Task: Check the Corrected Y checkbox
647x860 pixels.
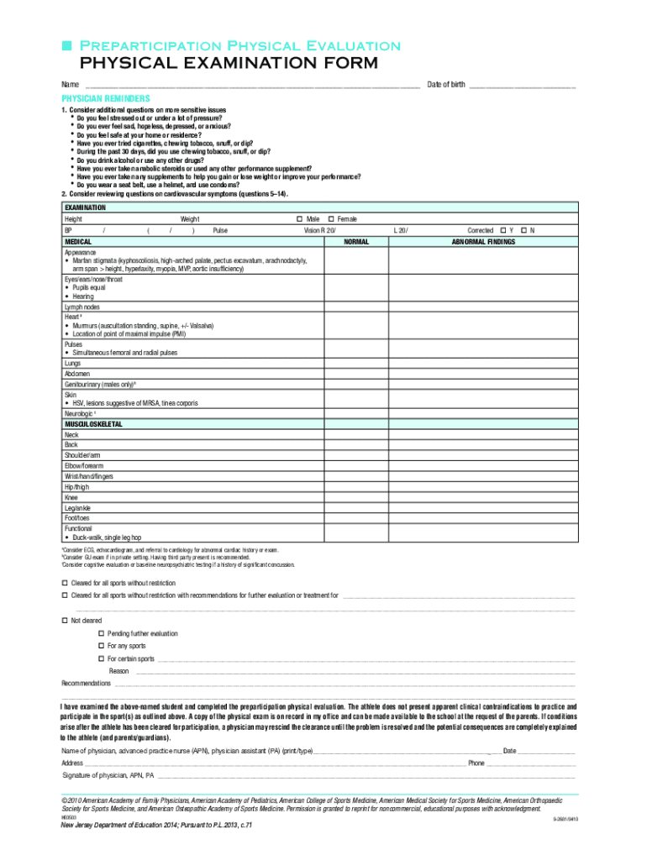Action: pos(502,229)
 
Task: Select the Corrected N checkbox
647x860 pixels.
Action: pos(523,229)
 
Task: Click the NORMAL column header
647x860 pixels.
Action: pos(356,241)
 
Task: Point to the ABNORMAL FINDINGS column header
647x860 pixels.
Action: pos(483,241)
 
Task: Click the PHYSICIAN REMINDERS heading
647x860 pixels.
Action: pos(105,98)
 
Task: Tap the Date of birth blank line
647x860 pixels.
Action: pos(522,86)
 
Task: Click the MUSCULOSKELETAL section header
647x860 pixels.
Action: pos(93,424)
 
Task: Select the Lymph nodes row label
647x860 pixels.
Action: pos(82,307)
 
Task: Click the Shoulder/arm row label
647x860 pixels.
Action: pos(82,454)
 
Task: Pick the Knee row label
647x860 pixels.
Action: pos(71,497)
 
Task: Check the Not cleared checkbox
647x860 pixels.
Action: pos(65,620)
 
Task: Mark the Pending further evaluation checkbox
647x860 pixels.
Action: pos(102,633)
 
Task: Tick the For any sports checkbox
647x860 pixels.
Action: pos(102,646)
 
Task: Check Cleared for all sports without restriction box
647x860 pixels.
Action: pos(65,583)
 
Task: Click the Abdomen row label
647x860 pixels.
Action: pos(77,373)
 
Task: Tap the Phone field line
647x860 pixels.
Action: pos(530,763)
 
